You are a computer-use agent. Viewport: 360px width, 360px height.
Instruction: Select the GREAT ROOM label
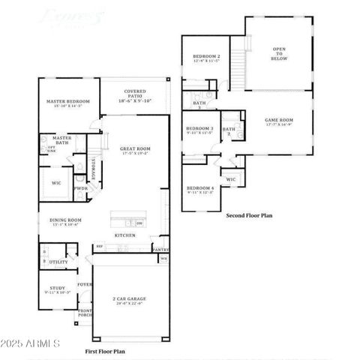coord(136,148)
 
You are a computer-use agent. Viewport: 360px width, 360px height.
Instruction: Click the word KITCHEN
coord(124,235)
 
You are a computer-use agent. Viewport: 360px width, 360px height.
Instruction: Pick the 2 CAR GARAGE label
coord(130,298)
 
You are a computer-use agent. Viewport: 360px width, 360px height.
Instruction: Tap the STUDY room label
coord(57,287)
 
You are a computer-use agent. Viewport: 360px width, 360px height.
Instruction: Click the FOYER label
coord(85,284)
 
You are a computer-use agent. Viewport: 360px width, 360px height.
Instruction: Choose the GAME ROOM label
coord(278,120)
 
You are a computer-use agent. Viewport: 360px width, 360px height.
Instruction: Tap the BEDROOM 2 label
coord(206,57)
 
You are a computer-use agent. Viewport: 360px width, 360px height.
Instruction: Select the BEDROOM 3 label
coord(200,128)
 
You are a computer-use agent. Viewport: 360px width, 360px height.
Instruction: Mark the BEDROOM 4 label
coord(200,187)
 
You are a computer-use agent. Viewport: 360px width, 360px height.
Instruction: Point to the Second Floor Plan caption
coord(249,215)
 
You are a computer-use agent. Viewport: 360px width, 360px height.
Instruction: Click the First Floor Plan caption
coord(105,351)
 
